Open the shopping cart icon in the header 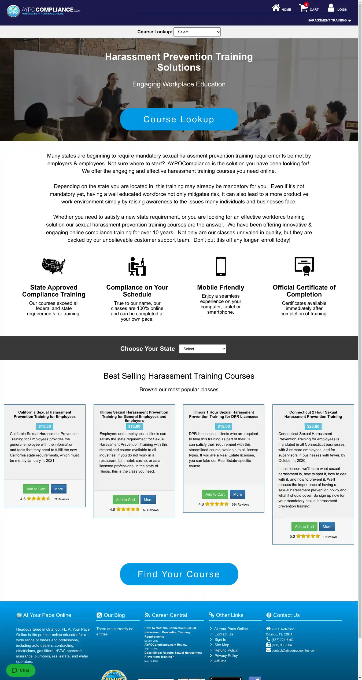304,8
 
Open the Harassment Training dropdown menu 329,20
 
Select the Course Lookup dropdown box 197,32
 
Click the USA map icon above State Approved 54,266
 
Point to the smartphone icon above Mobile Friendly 221,266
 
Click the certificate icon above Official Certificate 304,266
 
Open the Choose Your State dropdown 202,349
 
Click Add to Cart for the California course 36,489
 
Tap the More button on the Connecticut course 327,527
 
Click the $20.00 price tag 313,426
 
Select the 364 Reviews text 240,504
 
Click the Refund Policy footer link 226,650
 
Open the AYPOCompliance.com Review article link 166,645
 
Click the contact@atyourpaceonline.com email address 294,650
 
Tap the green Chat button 21,670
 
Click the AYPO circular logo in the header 13,11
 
